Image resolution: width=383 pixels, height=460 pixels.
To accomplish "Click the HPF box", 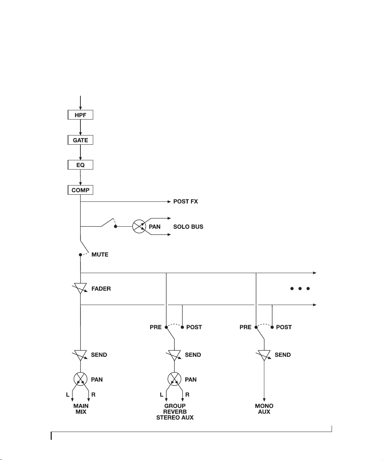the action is (80, 115).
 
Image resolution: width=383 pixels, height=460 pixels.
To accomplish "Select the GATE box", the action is (80, 140).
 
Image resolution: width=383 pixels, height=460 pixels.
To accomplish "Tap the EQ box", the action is (80, 165).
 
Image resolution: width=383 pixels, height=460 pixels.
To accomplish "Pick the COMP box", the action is (80, 190).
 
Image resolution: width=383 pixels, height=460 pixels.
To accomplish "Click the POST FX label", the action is (186, 201).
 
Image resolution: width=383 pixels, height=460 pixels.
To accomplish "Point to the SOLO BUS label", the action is (188, 227).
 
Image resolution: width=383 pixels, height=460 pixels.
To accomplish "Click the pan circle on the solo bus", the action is (139, 226).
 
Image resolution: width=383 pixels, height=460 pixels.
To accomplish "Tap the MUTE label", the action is (100, 254).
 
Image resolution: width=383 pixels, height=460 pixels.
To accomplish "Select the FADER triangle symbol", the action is (80, 288).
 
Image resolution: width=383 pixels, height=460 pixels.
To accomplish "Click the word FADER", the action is (101, 289).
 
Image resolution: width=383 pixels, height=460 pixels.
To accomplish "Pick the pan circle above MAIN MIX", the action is (80, 379).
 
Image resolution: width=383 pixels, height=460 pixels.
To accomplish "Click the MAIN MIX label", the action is (81, 409).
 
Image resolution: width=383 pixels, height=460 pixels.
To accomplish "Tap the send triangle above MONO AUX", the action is (264, 355).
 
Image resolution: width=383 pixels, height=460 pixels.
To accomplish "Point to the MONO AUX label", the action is (264, 409).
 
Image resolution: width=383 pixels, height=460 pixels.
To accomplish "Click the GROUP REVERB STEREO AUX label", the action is (175, 411).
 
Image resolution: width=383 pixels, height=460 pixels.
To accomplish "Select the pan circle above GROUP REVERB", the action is (174, 379).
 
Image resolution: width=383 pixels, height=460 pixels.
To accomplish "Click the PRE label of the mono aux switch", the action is (246, 327).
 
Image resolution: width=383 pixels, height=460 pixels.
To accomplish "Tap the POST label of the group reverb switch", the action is (194, 327).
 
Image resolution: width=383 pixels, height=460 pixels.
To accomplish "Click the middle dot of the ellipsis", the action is (300, 288).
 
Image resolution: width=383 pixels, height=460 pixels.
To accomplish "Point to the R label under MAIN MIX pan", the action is (93, 395).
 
